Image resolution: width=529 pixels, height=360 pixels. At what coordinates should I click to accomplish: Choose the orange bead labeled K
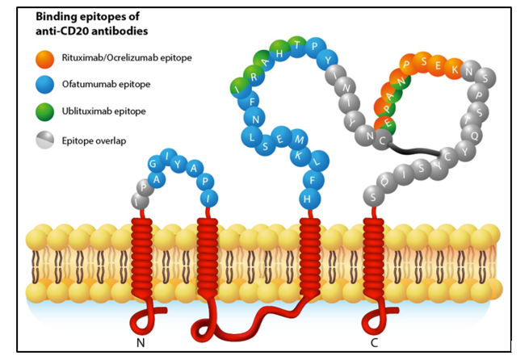point(460,70)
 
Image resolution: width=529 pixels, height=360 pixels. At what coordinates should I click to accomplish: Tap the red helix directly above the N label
point(143,258)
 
